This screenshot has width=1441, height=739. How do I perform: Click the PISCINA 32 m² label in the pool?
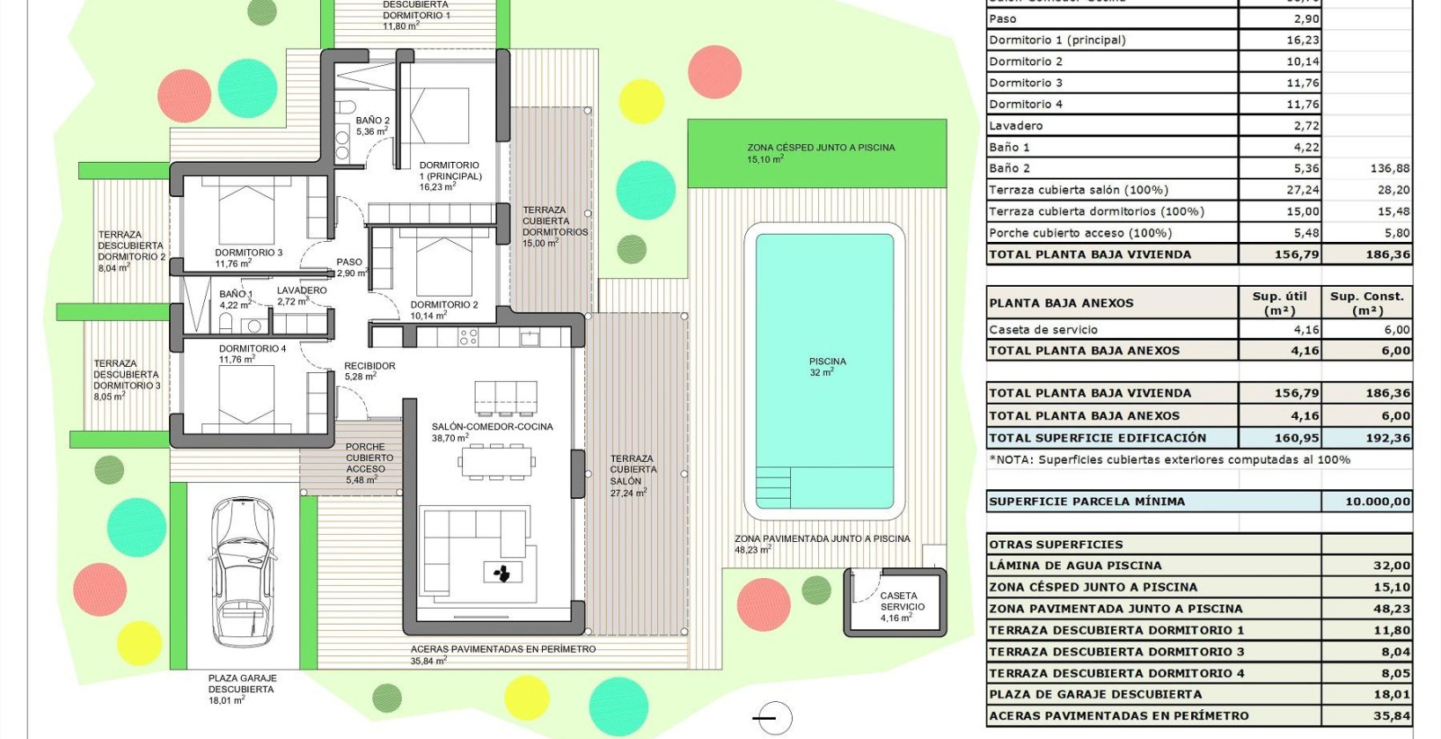pyautogui.click(x=827, y=367)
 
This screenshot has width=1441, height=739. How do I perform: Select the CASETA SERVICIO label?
pyautogui.click(x=902, y=606)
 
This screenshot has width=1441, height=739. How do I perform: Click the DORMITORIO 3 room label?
pyautogui.click(x=248, y=258)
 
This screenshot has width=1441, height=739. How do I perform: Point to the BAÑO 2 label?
pyautogui.click(x=372, y=126)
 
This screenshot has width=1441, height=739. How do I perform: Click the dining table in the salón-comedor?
pyautogui.click(x=497, y=461)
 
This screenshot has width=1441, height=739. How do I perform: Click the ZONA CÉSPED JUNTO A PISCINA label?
pyautogui.click(x=820, y=153)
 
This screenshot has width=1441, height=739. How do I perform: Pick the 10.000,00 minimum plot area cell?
pyautogui.click(x=1378, y=501)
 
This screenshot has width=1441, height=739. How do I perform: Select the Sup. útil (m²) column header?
pyautogui.click(x=1279, y=303)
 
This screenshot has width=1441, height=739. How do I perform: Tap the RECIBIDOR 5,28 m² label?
pyautogui.click(x=369, y=370)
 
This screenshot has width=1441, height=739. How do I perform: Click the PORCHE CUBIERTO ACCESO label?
pyautogui.click(x=369, y=464)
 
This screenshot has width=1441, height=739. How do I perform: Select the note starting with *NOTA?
pyautogui.click(x=1169, y=459)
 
